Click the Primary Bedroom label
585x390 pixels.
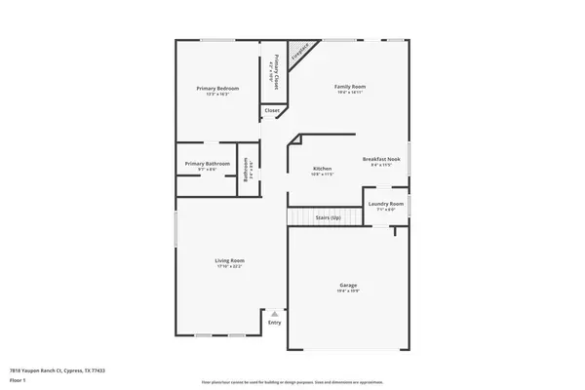click(x=217, y=89)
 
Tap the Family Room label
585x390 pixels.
click(x=350, y=88)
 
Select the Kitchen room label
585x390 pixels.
click(x=323, y=169)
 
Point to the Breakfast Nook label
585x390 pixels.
click(x=381, y=159)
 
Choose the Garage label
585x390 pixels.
click(x=348, y=286)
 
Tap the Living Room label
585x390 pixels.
click(x=230, y=260)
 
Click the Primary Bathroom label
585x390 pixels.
click(x=209, y=164)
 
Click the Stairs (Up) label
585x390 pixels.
click(x=329, y=217)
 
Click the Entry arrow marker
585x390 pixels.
click(x=275, y=314)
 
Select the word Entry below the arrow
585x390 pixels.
click(x=275, y=322)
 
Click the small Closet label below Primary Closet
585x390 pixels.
click(x=272, y=112)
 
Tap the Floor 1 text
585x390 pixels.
click(x=18, y=379)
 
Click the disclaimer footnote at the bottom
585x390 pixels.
click(x=292, y=383)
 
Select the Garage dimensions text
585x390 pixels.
click(x=348, y=292)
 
